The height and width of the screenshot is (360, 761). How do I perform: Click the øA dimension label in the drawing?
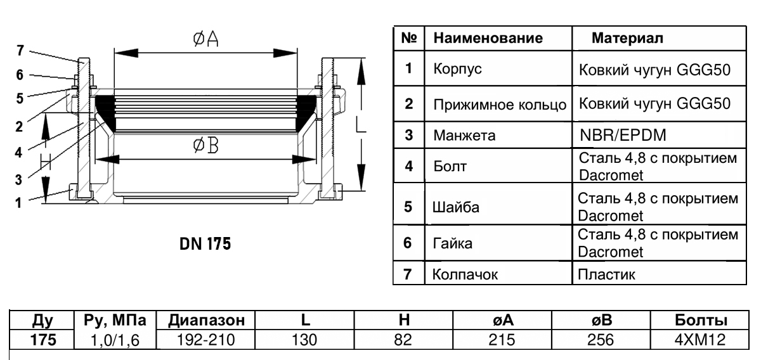point(205,40)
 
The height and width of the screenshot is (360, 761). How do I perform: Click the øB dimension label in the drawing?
point(205,147)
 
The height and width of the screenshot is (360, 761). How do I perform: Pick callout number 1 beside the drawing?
point(22,203)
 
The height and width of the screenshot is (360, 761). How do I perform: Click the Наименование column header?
point(487,39)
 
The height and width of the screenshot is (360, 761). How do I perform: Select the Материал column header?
point(627,39)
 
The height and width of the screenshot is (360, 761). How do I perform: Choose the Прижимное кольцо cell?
point(498,103)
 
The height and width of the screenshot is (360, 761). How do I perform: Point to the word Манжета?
point(462,135)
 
